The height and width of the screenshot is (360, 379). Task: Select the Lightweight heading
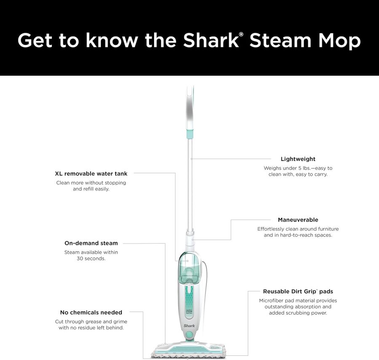(x=298, y=159)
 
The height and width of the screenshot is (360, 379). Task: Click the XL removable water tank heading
(x=91, y=173)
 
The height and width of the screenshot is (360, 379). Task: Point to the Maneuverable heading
(x=298, y=220)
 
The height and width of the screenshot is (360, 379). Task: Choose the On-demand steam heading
(x=91, y=243)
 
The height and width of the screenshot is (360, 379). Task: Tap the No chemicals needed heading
(x=91, y=312)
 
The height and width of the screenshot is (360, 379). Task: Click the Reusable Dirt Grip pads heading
(x=298, y=291)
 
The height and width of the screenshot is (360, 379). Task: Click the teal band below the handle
(x=189, y=134)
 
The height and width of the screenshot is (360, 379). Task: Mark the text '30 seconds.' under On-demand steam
(x=91, y=259)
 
